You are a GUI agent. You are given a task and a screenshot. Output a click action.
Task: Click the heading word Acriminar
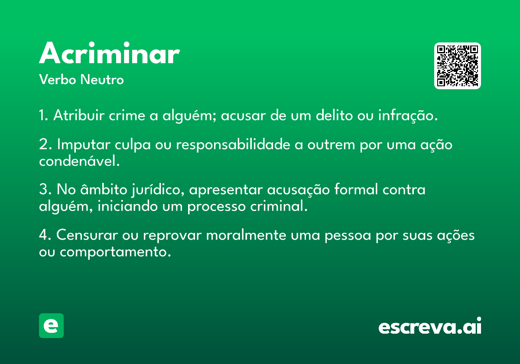[x=109, y=53]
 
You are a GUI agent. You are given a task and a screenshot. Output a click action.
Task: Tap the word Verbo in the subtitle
[x=58, y=80]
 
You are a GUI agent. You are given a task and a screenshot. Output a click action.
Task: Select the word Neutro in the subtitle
[x=102, y=80]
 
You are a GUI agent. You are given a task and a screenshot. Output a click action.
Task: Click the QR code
[x=457, y=66]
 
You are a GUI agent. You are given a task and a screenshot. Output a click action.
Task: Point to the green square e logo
[x=51, y=325]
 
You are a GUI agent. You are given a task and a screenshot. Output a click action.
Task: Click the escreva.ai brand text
[x=430, y=326]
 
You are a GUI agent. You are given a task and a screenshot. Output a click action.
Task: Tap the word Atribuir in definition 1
[x=79, y=115]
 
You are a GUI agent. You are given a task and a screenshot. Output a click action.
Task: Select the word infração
[x=408, y=116]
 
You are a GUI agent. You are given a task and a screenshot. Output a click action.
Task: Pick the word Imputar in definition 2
[x=84, y=145]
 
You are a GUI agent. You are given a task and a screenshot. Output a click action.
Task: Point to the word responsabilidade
[x=233, y=145]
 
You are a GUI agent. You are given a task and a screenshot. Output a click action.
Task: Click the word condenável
[x=79, y=160]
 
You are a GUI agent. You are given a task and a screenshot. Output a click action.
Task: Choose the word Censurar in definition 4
[x=87, y=235]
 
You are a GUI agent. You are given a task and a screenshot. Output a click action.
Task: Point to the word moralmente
[x=246, y=235]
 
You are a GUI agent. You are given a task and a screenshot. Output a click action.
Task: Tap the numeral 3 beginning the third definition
[x=43, y=189]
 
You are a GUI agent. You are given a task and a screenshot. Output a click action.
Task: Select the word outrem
[x=331, y=145]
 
